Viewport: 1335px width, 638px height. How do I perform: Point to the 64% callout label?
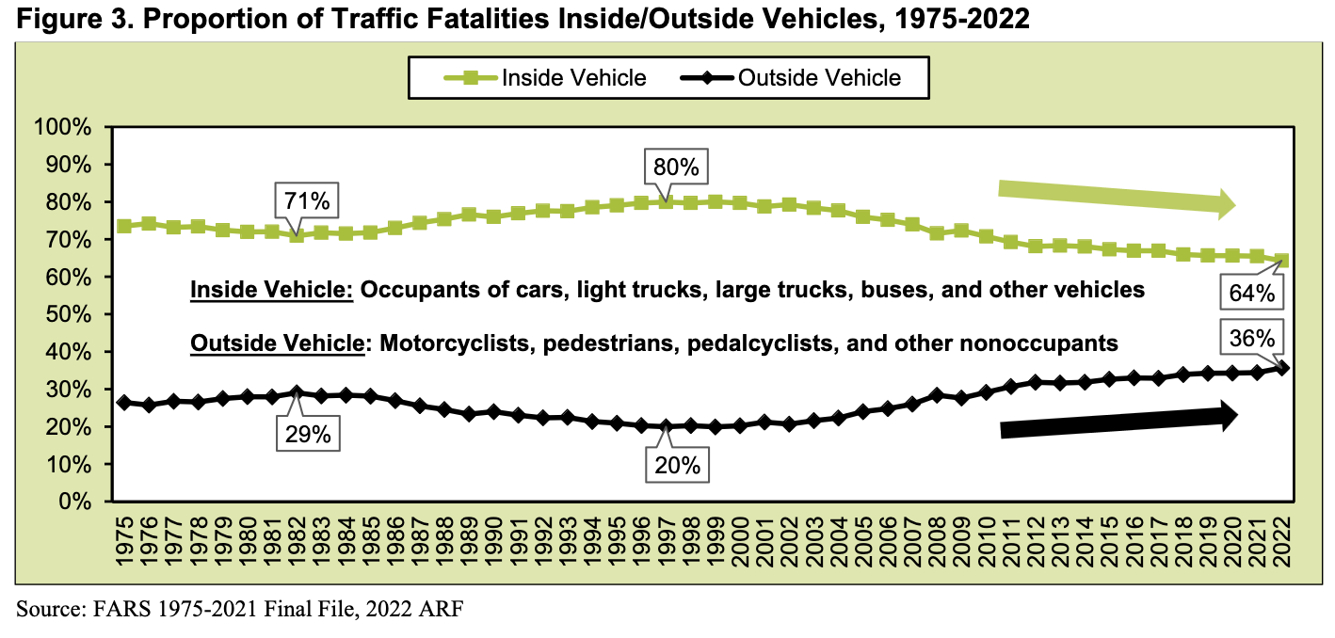(x=1251, y=294)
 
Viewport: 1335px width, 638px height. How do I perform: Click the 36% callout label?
(x=1251, y=337)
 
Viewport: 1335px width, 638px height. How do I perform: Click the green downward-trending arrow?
(x=1116, y=199)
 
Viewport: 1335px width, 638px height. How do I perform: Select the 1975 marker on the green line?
(x=124, y=227)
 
